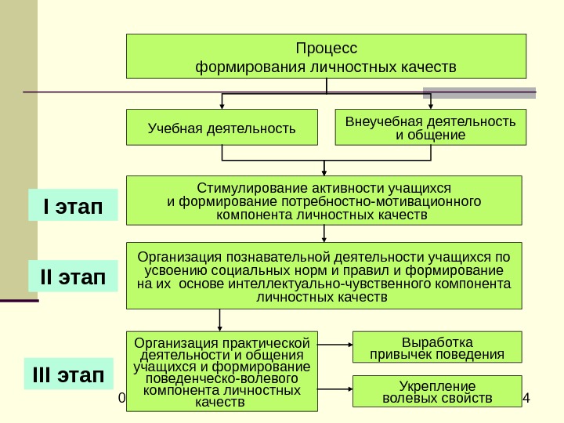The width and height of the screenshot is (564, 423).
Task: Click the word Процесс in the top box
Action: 327,48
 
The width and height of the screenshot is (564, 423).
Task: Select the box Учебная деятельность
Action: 222,128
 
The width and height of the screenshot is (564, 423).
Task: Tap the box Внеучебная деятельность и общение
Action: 431,128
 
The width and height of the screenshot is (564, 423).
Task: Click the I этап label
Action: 73,208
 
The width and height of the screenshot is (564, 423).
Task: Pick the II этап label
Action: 73,276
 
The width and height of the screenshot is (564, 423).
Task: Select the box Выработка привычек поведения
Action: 437,348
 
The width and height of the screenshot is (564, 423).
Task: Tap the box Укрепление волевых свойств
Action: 437,391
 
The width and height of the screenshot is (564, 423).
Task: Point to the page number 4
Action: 526,400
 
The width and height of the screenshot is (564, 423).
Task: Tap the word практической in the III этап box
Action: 268,342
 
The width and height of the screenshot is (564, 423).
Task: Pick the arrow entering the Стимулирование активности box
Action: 324,166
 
